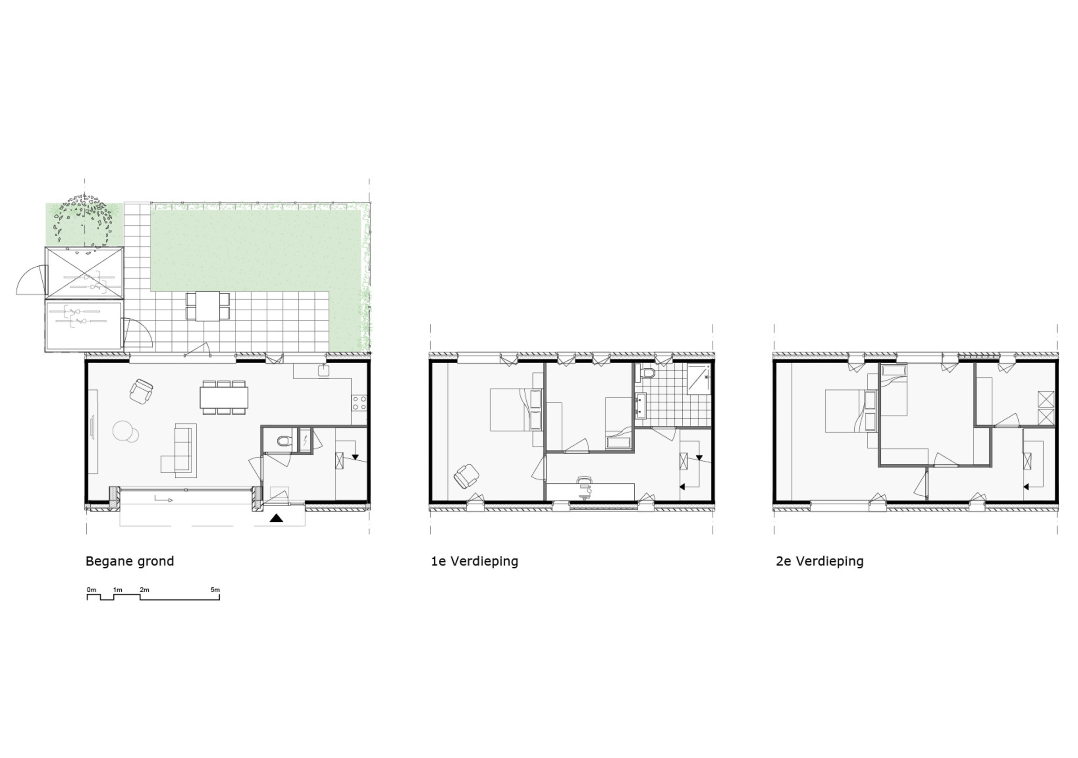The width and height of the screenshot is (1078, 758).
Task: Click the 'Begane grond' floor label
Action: (130, 561)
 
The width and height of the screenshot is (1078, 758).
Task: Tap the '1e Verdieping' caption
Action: (475, 561)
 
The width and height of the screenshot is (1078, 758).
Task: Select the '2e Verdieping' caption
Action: (820, 561)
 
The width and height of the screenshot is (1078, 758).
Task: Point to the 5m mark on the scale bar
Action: (215, 590)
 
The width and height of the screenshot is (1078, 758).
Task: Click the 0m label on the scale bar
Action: (91, 590)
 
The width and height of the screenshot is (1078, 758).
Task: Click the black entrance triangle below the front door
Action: (277, 518)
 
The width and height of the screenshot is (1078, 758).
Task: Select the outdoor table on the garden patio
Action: (208, 306)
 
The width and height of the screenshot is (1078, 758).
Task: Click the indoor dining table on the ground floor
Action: (224, 397)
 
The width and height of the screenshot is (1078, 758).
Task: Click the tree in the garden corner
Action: (84, 220)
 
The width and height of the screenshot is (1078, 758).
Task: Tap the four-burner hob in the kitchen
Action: (360, 402)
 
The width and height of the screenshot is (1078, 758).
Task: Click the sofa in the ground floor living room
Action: (185, 450)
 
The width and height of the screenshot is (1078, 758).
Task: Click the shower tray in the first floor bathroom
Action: (699, 378)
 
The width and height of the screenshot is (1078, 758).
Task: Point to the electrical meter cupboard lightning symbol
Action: (305, 440)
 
